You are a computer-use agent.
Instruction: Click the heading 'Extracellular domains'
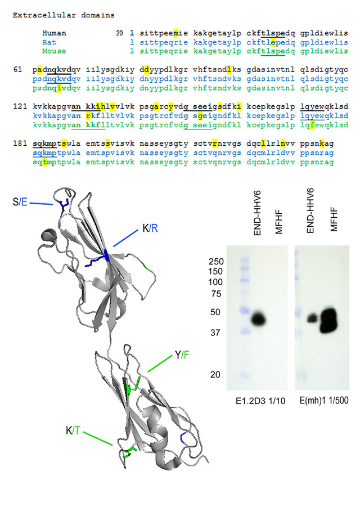coord(64,15)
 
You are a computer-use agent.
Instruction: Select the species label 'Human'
coord(55,33)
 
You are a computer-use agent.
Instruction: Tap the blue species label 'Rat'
coord(49,42)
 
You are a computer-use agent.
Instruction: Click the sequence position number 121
coord(20,107)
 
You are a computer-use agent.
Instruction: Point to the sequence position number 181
coord(20,143)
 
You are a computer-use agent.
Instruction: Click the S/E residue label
coord(20,202)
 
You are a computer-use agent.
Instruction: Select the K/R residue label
coord(150,228)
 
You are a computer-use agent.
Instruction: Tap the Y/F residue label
coord(182,355)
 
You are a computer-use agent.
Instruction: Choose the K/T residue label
coord(73,430)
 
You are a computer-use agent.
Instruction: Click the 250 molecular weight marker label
coord(216,261)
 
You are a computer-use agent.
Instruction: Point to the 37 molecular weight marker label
coord(215,333)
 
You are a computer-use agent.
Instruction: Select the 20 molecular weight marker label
coord(215,374)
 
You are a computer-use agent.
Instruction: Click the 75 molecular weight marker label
coord(216,294)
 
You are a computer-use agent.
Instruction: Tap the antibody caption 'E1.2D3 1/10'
coord(260,401)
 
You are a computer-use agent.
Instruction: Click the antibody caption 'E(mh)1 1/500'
coord(324,401)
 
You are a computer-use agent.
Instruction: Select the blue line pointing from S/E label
coord(42,204)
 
